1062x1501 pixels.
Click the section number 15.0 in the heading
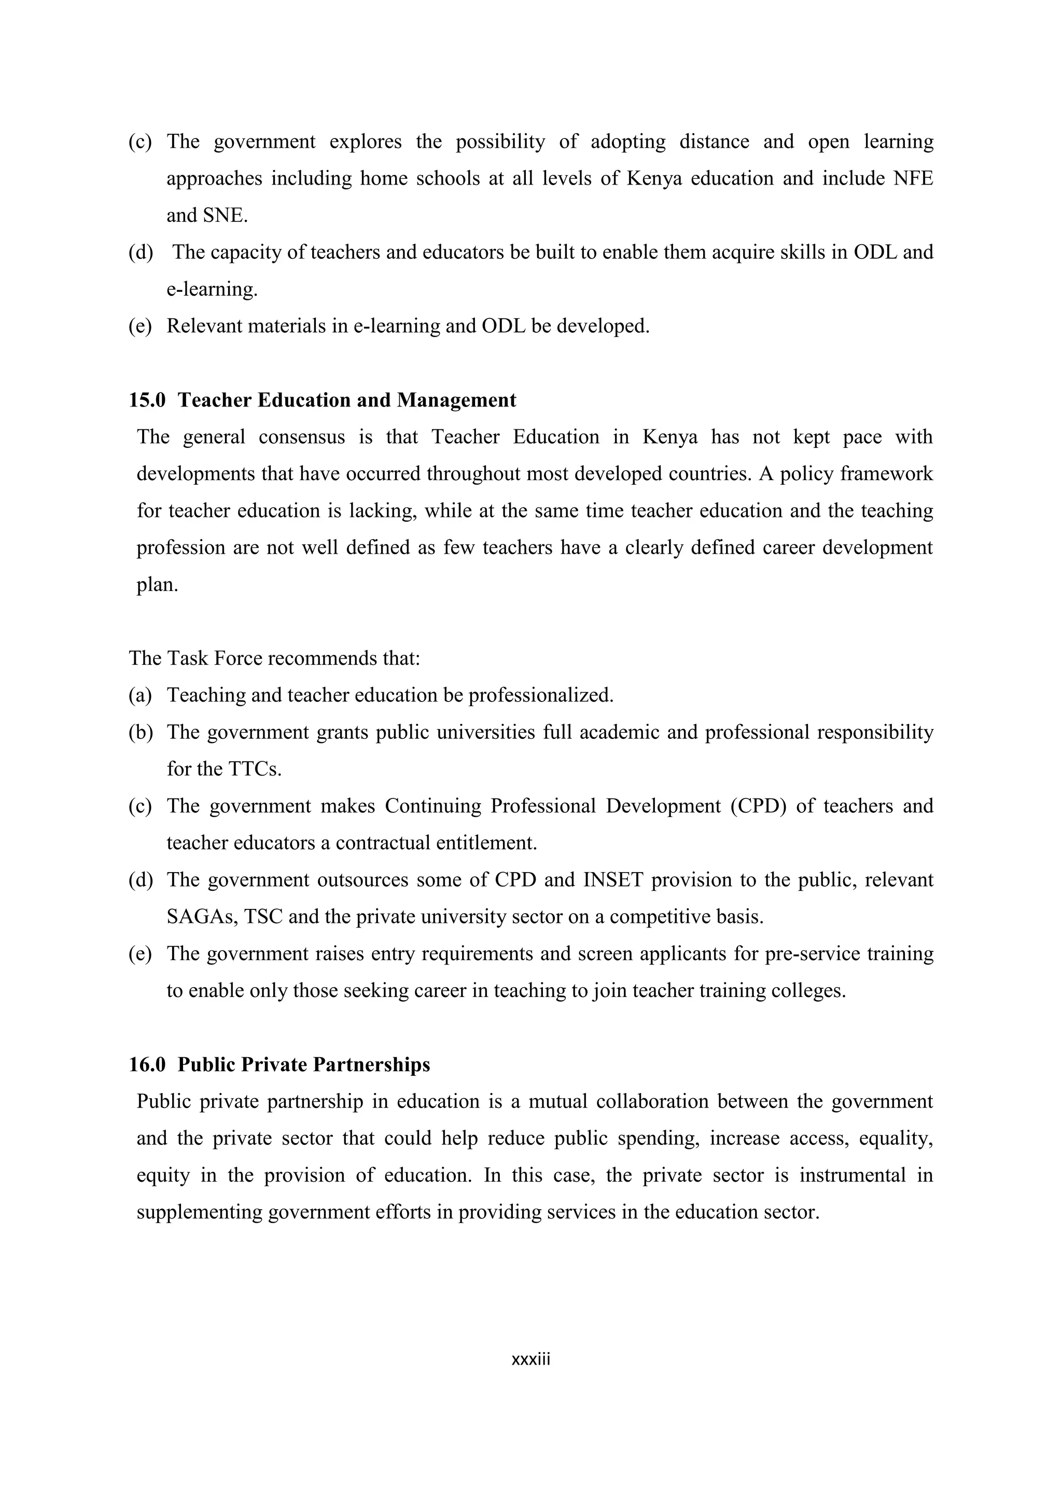click(x=147, y=400)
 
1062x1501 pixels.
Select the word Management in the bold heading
click(x=456, y=400)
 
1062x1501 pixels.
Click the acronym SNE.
click(x=225, y=216)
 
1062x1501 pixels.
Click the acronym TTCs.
click(x=255, y=769)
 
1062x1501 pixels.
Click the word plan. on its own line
click(x=157, y=585)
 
